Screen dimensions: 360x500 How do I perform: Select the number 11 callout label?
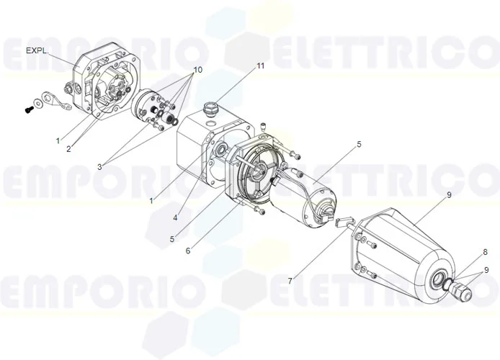(x=260, y=66)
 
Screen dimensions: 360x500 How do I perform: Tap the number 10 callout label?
(x=197, y=69)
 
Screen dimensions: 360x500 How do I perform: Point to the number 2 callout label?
(x=69, y=149)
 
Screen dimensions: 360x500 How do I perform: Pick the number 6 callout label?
(x=188, y=251)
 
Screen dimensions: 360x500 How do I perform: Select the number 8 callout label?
(x=485, y=252)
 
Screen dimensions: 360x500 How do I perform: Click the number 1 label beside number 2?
(x=58, y=141)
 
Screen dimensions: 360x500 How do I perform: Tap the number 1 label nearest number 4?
(x=151, y=201)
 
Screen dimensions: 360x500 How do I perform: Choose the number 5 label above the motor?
(x=359, y=145)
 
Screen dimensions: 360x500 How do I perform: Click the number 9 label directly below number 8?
(x=485, y=269)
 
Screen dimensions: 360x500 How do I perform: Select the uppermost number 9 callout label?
(x=448, y=195)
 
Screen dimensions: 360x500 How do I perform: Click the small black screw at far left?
(x=28, y=109)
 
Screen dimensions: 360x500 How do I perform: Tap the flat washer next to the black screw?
(x=42, y=102)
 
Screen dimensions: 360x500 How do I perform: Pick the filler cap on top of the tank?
(x=210, y=109)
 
